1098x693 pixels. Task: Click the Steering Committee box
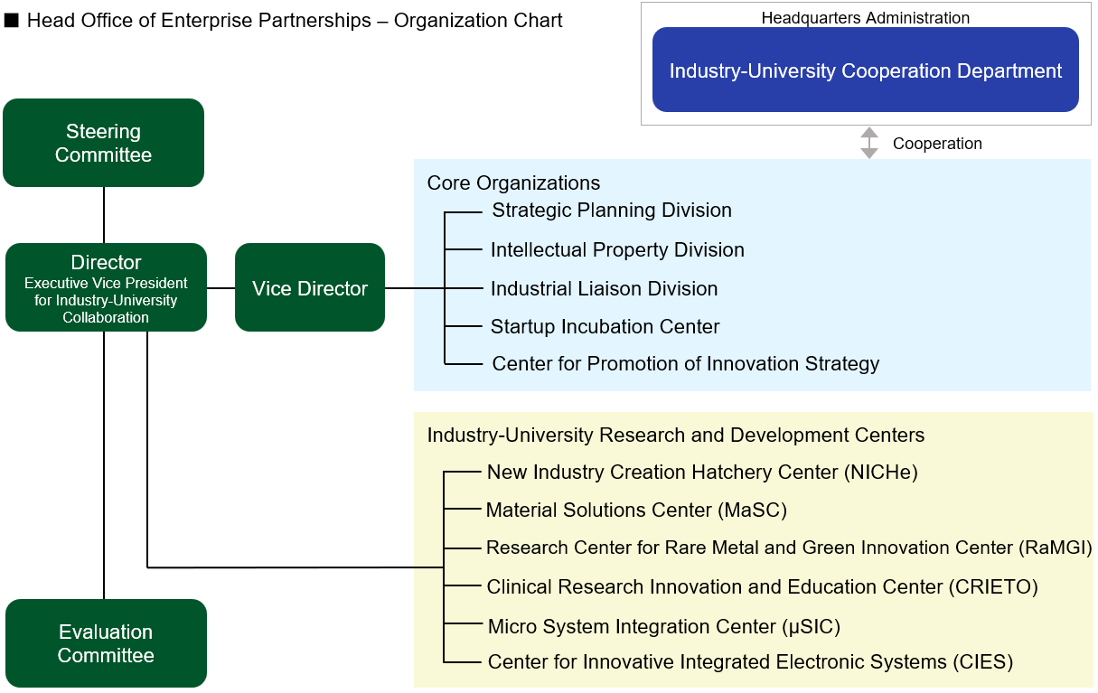pyautogui.click(x=103, y=143)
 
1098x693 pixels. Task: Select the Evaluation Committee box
pyautogui.click(x=106, y=643)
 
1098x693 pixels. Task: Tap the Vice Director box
pyautogui.click(x=310, y=287)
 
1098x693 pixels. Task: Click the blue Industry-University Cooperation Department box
pyautogui.click(x=865, y=70)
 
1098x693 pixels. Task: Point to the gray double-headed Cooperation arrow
pyautogui.click(x=869, y=143)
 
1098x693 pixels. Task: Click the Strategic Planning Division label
pyautogui.click(x=612, y=211)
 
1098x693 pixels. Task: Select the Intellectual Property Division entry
pyautogui.click(x=617, y=250)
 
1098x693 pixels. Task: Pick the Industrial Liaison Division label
pyautogui.click(x=604, y=288)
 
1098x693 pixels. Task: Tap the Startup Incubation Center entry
pyautogui.click(x=605, y=327)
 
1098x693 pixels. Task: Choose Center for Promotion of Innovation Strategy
pyautogui.click(x=686, y=364)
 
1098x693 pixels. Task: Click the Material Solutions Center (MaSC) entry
pyautogui.click(x=636, y=510)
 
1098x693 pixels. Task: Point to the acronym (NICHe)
pyautogui.click(x=881, y=473)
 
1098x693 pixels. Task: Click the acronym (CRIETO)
pyautogui.click(x=993, y=587)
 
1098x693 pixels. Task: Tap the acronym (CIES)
pyautogui.click(x=983, y=662)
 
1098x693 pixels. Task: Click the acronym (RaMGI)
pyautogui.click(x=1056, y=548)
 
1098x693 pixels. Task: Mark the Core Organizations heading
pyautogui.click(x=513, y=183)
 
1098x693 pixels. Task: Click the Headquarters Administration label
pyautogui.click(x=865, y=18)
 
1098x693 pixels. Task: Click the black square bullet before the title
pyautogui.click(x=11, y=20)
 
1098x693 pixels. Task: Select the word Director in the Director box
pyautogui.click(x=106, y=263)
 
